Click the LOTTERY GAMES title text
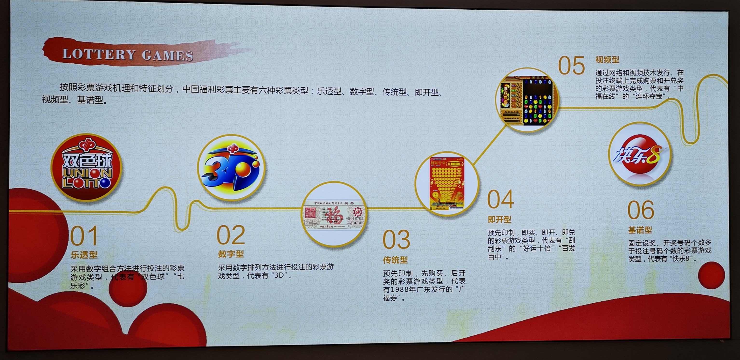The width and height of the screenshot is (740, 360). [x=128, y=54]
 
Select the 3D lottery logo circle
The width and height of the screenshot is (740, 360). [x=231, y=168]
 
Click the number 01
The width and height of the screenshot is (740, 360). [x=84, y=236]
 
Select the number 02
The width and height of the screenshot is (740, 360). [x=231, y=235]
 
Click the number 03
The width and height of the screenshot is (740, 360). [x=397, y=240]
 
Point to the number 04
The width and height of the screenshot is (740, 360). [x=501, y=199]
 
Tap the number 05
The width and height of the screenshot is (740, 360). [x=571, y=66]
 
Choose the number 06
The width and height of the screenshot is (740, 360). [x=641, y=210]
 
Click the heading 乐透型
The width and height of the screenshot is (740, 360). [x=84, y=255]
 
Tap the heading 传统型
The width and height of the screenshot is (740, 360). [x=395, y=260]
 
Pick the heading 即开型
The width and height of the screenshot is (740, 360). [x=500, y=220]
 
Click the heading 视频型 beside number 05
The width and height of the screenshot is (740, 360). [x=607, y=60]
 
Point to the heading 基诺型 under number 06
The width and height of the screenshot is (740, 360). [x=640, y=230]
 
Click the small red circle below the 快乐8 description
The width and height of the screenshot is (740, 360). [x=711, y=275]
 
